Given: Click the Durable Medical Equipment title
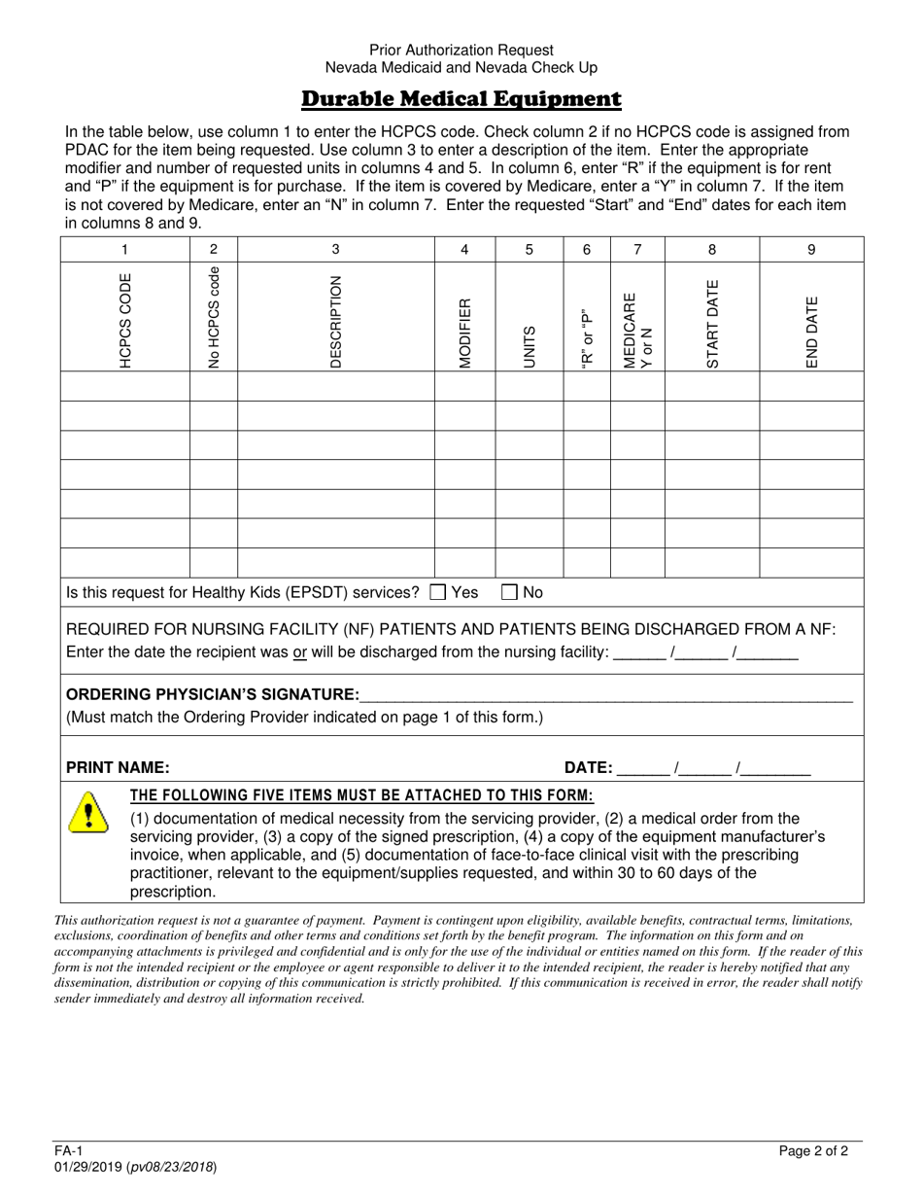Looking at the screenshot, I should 461,99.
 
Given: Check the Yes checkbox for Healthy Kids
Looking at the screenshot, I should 438,592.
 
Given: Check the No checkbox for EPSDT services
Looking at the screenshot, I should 510,592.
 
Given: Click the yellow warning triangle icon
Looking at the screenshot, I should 87,812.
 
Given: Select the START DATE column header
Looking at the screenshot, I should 712,324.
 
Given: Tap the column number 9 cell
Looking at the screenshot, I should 811,250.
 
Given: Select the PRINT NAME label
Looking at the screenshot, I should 118,767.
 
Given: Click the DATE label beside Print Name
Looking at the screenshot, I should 587,767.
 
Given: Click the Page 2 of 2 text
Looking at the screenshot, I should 813,1151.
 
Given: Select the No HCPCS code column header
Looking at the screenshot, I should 214,316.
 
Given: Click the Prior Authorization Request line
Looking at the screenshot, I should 461,50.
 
